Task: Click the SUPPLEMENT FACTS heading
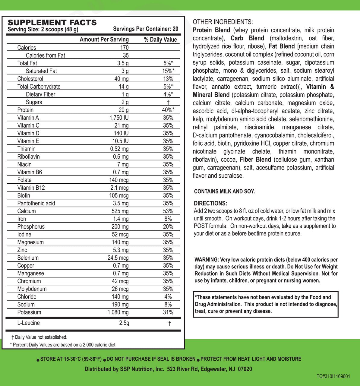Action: pos(52,23)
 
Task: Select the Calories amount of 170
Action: pos(124,48)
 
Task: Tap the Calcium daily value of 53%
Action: pos(168,211)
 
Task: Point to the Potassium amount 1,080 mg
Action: pos(118,312)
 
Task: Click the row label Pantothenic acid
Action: pos(36,203)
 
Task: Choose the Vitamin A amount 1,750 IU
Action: pos(118,118)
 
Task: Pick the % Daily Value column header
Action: pos(160,40)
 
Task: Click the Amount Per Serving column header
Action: pos(104,40)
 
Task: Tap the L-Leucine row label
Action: pos(28,323)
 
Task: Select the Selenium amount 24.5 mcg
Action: pos(118,258)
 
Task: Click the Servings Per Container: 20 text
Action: pos(146,29)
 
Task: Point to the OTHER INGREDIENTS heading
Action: pos(223,22)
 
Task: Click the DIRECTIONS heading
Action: pos(210,204)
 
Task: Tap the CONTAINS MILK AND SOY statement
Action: pos(224,191)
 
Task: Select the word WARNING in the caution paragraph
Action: pos(206,260)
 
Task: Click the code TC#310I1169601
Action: pos(333,376)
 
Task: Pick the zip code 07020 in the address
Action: pos(245,369)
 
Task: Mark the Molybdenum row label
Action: pos(32,289)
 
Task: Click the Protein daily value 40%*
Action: pos(168,110)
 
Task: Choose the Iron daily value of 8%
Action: pos(168,219)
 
